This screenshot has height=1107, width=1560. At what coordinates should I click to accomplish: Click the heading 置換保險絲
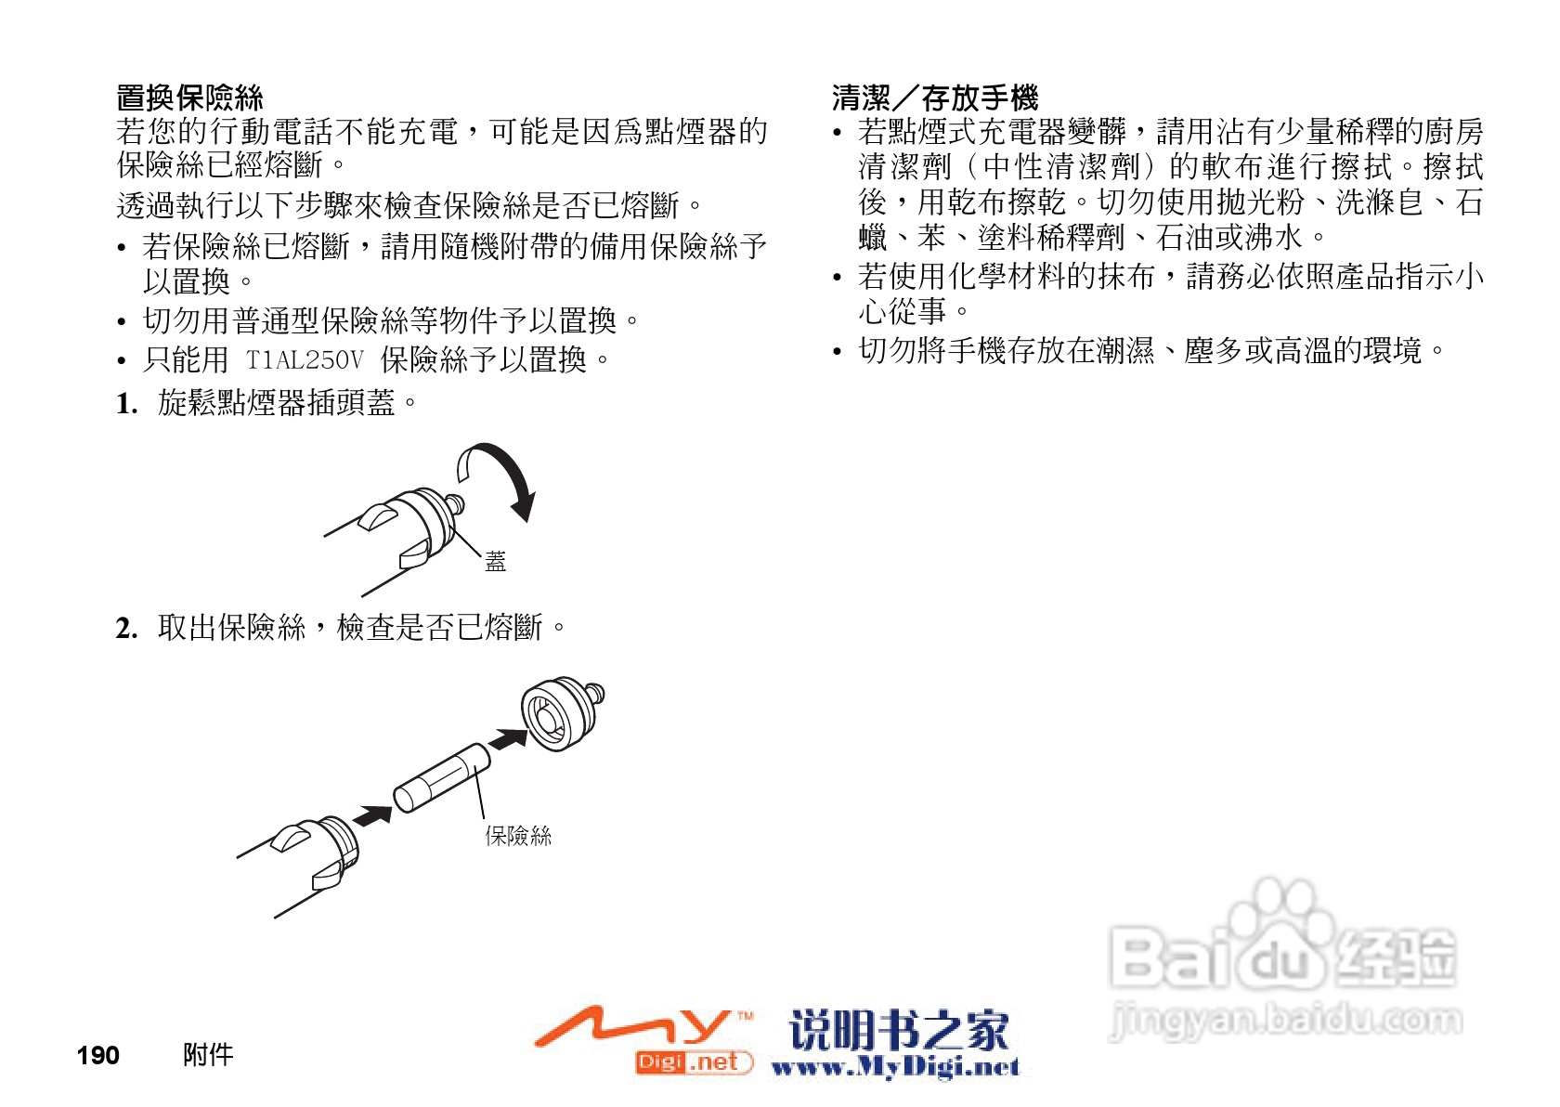click(189, 98)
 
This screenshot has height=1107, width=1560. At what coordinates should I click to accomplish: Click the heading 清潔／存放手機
click(934, 98)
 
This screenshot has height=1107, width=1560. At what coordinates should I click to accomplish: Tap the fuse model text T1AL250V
click(305, 359)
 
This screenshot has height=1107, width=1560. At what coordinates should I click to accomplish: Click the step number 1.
click(126, 403)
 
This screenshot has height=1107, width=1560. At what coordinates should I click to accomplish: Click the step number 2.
click(126, 629)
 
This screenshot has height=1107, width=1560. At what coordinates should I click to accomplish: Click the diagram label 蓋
click(496, 561)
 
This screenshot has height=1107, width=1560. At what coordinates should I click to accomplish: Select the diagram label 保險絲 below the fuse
click(518, 836)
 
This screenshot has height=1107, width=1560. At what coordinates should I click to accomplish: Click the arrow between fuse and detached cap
click(508, 739)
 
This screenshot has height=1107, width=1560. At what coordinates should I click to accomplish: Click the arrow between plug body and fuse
click(373, 816)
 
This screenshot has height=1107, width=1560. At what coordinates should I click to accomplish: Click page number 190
click(97, 1056)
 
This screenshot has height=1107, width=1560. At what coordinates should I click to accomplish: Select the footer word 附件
click(208, 1055)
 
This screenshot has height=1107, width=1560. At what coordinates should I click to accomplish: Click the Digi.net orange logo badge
click(693, 1061)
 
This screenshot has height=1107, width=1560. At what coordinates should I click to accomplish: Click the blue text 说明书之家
click(899, 1029)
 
